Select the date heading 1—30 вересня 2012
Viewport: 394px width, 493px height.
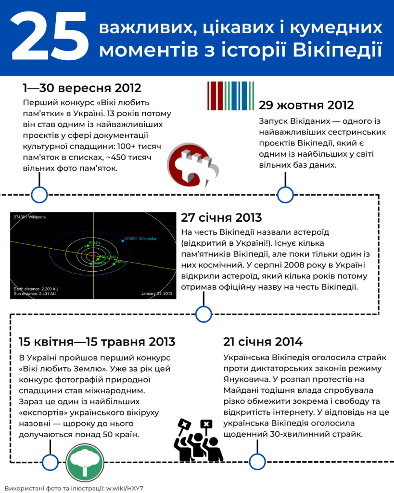coord(82,88)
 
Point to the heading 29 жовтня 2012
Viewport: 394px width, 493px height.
coord(306,105)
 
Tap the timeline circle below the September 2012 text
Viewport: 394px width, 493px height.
coord(39,195)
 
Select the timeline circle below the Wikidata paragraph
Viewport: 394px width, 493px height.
coord(285,195)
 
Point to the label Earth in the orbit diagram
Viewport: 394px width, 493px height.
coord(95,242)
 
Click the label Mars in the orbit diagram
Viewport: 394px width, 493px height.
coord(121,262)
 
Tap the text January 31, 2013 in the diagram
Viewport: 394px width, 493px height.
coord(156,293)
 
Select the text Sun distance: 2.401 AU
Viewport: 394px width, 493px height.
coord(35,293)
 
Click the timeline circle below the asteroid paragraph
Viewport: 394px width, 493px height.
coord(203,315)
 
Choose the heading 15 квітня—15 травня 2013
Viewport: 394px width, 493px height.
coord(97,342)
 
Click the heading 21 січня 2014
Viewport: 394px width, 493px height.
coord(263,342)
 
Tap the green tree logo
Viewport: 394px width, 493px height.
coord(85,462)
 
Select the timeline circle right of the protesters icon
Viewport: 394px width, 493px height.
coord(257,462)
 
